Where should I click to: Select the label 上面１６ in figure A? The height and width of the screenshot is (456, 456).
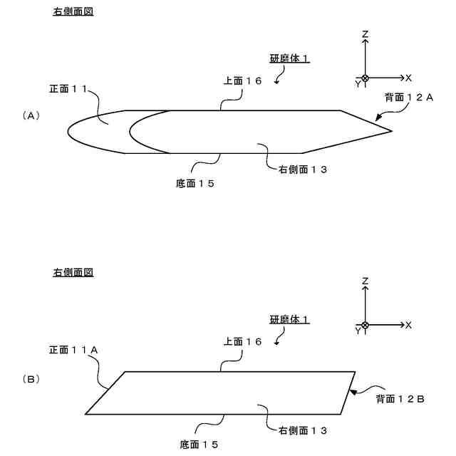242,81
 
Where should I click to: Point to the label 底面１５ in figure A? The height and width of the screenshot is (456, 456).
195,183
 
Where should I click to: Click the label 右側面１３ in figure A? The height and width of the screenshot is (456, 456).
298,170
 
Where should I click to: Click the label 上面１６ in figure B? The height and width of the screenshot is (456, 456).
242,342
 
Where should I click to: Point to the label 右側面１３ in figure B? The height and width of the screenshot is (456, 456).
298,430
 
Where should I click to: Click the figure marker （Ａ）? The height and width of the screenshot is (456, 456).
31,115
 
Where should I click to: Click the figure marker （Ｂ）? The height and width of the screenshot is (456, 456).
31,380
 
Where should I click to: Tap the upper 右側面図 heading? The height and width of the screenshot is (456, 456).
73,12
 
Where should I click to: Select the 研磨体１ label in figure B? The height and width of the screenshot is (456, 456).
289,320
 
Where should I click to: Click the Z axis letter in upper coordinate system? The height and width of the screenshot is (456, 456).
365,34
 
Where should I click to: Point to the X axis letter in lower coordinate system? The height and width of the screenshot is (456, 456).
408,325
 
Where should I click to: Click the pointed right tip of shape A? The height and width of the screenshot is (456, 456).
391,131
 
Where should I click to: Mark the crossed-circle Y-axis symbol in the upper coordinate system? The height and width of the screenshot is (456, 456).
365,78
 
